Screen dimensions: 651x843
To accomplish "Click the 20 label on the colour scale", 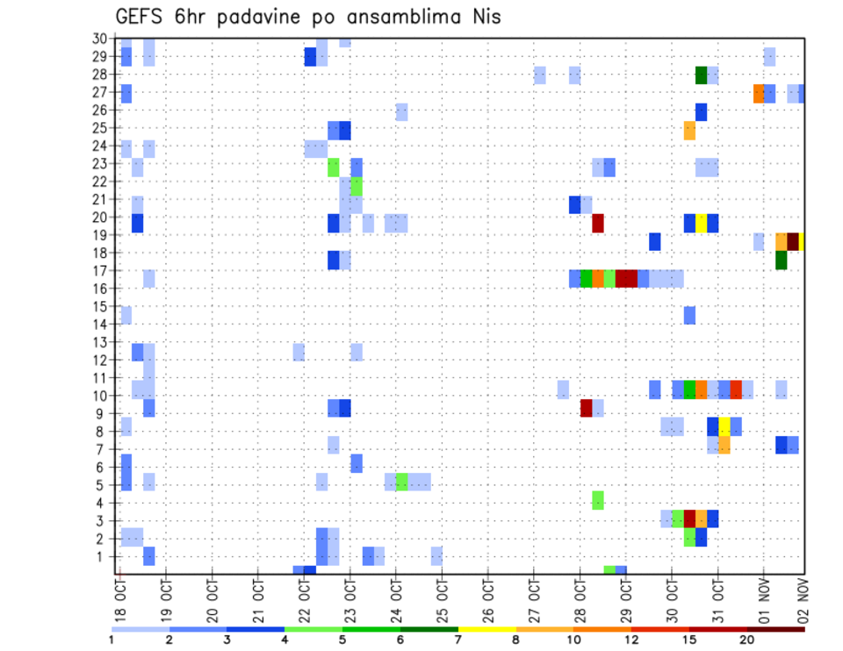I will pos(747,640).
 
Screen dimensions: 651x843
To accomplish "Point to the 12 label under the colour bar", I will pos(630,640).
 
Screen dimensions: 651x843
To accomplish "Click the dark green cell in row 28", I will pos(701,75).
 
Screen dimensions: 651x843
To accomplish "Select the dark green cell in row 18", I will pos(782,261).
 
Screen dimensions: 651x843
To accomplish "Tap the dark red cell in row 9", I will pos(587,408).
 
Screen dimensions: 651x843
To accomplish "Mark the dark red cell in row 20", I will pos(598,223).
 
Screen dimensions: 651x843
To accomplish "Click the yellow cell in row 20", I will pos(701,223).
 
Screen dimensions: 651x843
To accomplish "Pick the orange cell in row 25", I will pos(689,130).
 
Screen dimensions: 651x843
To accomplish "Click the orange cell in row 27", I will pos(759,93).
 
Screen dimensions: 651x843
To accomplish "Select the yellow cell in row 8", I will pos(724,426).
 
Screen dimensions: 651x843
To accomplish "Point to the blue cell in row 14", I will pos(689,315).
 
